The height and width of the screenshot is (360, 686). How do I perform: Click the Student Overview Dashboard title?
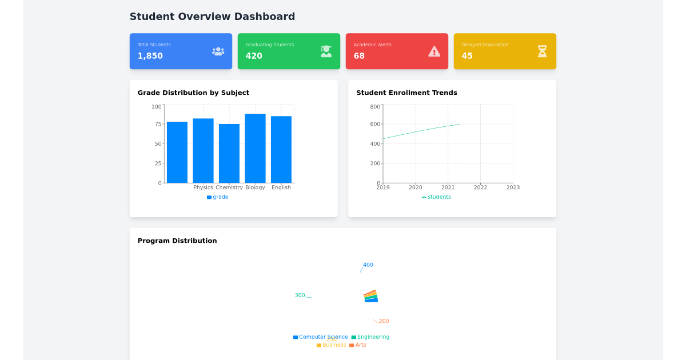pos(212,17)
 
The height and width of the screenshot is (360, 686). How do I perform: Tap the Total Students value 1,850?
pos(150,56)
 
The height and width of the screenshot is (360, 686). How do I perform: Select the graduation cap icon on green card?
pos(326,51)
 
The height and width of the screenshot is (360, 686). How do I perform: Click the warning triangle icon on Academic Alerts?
pos(434,51)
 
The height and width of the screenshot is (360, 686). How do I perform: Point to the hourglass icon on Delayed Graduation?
pos(542,51)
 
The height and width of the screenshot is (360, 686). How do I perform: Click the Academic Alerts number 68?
pos(359,56)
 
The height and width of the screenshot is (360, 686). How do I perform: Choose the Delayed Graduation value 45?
pos(467,56)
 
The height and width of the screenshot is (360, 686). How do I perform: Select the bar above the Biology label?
pos(255,148)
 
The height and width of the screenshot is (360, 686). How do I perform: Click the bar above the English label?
pos(281,149)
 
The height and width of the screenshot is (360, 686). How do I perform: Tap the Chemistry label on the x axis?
pos(229,187)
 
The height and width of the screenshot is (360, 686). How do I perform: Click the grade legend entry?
pos(218,197)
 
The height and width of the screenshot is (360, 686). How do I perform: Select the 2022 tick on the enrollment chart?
pos(480,187)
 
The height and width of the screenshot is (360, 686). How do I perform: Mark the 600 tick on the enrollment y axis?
pos(375,124)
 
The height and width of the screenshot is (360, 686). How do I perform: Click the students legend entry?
pos(437,197)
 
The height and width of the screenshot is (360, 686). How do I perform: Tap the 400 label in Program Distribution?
pos(368,265)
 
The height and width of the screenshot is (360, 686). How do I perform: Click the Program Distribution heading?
pos(177,241)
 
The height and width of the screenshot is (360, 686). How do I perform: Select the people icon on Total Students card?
pos(218,51)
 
